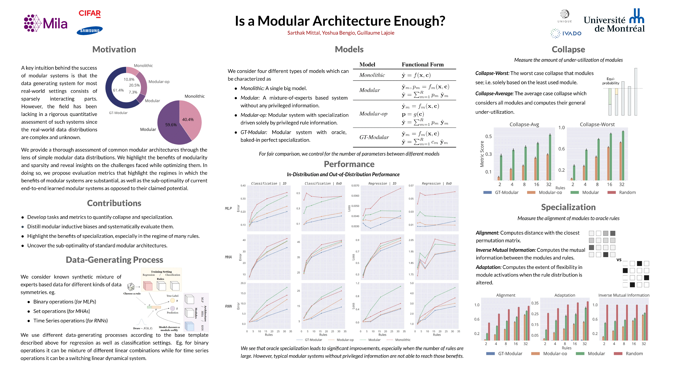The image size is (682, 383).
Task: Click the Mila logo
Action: [x=46, y=23]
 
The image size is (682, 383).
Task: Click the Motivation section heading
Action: [x=114, y=49]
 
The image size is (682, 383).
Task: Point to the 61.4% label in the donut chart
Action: [x=118, y=90]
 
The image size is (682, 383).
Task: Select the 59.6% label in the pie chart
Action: [x=171, y=125]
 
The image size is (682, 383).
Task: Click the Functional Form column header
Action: [x=423, y=64]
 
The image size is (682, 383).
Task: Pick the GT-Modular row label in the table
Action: [x=374, y=137]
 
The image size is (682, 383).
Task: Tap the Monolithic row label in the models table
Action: [x=372, y=75]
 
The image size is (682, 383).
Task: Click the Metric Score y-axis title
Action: [x=482, y=154]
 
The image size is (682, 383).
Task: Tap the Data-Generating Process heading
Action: [x=114, y=260]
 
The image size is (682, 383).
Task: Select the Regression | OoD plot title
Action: [x=437, y=183]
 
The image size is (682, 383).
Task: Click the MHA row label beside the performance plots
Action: [x=228, y=257]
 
